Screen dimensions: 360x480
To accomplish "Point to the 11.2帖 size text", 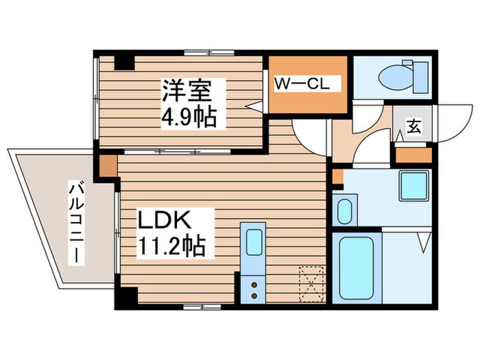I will [171, 245].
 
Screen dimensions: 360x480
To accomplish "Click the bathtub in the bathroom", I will [356, 267].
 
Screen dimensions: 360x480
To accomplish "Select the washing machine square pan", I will [414, 184].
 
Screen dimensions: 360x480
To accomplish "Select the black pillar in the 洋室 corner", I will [124, 62].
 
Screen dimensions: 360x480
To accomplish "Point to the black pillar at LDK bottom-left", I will [126, 296].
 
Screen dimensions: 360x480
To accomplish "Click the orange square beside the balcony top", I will [108, 165].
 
